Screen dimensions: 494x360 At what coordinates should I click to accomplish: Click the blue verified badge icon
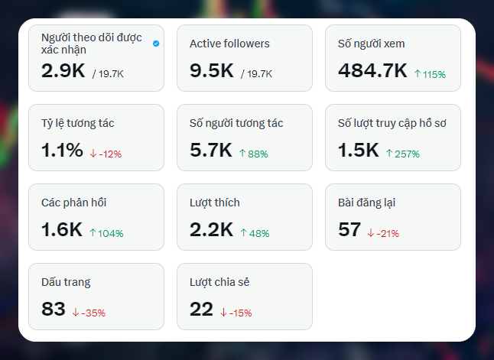coord(156,44)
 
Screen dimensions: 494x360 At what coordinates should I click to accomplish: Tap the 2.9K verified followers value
coord(63,70)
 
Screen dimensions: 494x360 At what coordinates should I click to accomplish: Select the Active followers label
coord(229,44)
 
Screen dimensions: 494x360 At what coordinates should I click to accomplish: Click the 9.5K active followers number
coord(211,70)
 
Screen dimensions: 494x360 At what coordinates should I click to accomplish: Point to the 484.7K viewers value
coord(372,70)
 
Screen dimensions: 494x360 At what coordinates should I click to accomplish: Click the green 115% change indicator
coord(430,74)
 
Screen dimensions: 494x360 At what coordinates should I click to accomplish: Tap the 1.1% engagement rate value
coord(62,150)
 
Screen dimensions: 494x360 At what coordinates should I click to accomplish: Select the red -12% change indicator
coord(106,154)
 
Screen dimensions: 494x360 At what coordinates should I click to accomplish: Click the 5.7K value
coord(211,150)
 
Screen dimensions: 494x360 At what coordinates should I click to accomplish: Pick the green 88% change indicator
coord(253,154)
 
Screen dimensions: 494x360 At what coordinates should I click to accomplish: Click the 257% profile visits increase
coord(403,154)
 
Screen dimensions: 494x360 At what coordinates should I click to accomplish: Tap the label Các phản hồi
coord(73,203)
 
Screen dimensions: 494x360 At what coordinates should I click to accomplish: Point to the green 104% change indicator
coord(106,233)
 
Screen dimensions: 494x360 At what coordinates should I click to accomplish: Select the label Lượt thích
coord(215,203)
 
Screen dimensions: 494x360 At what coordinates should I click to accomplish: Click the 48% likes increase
coord(255,233)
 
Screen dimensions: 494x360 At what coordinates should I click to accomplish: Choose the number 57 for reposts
coord(349,229)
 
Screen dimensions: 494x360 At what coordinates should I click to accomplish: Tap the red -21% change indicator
coord(383,233)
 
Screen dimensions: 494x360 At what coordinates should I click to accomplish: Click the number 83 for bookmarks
coord(54,309)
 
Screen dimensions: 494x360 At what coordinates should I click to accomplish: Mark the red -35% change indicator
coord(89,313)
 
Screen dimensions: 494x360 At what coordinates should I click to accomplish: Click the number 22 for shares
coord(201,309)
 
